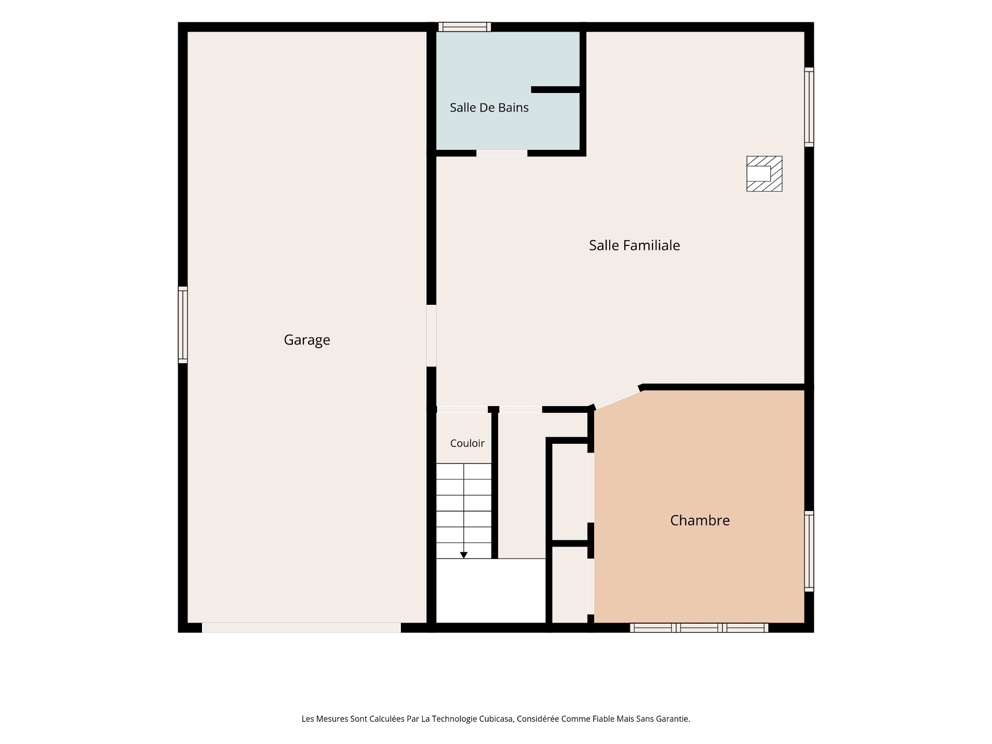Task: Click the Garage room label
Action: [x=307, y=340]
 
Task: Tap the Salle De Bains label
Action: [x=489, y=107]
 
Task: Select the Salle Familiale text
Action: [x=634, y=245]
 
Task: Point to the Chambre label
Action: [x=700, y=520]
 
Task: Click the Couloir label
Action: [x=467, y=443]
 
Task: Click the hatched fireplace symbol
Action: [x=764, y=174]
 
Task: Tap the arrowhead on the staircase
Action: [x=464, y=555]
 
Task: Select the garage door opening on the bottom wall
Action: [x=301, y=628]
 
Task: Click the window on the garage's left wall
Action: [x=183, y=325]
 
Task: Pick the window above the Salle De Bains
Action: [x=464, y=27]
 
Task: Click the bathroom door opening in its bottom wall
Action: [x=502, y=153]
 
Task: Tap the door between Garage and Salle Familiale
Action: [x=431, y=336]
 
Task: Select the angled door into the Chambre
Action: [x=617, y=398]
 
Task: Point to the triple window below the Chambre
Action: [x=699, y=628]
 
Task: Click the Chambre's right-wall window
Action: [x=809, y=551]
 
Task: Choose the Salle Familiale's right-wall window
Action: [x=809, y=107]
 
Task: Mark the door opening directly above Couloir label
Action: [x=462, y=410]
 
